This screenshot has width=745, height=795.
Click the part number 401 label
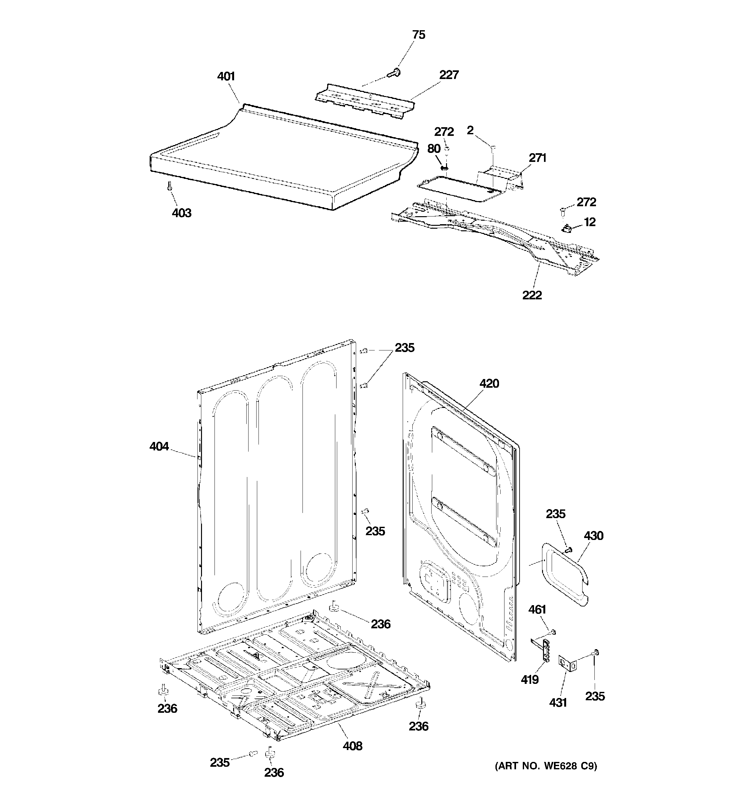[226, 76]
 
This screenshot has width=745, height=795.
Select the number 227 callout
[449, 75]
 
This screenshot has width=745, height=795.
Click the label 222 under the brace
[532, 295]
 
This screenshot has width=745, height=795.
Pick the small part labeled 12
[566, 229]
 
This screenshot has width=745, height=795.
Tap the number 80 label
[434, 149]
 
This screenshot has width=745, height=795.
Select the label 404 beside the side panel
[159, 446]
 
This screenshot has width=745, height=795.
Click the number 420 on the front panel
[489, 384]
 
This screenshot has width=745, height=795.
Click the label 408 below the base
[352, 746]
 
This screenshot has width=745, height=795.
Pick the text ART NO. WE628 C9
[546, 766]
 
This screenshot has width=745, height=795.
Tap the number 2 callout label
[470, 130]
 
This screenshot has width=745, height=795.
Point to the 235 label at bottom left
[220, 763]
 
